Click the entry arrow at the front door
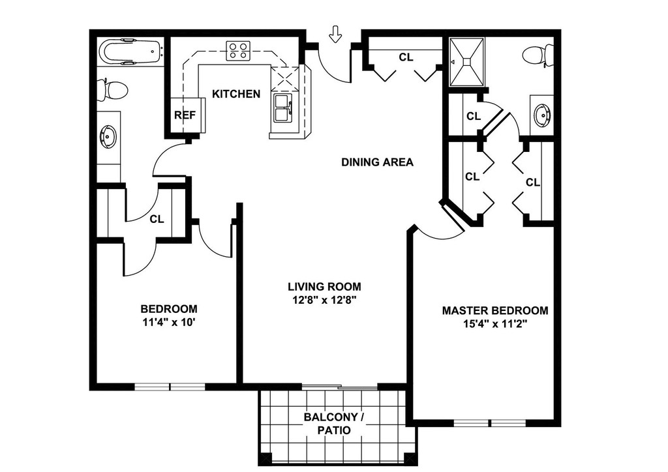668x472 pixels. [x=336, y=34]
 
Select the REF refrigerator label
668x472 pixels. [x=185, y=115]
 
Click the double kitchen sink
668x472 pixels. [x=282, y=108]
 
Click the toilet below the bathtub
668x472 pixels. [x=112, y=90]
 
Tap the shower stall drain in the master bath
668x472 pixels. [x=467, y=62]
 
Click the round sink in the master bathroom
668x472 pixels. [x=542, y=115]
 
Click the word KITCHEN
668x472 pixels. [x=236, y=94]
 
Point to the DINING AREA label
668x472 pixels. [x=378, y=162]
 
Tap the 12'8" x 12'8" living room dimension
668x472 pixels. [x=324, y=300]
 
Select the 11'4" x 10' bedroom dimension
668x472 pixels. [x=169, y=322]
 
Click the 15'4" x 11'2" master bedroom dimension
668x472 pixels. [x=496, y=324]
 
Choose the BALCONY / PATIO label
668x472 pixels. [x=334, y=424]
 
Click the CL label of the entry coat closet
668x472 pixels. [x=406, y=57]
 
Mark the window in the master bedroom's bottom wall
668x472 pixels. [x=491, y=424]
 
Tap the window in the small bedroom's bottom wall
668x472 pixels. [x=170, y=387]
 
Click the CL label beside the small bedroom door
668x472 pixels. [x=157, y=219]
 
